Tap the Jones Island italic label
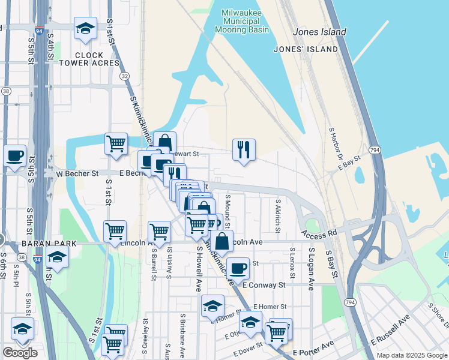(319, 32)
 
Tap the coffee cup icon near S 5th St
(15, 155)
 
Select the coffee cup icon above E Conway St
(238, 268)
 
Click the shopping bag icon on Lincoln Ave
(221, 242)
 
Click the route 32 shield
(124, 76)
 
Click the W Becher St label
(77, 173)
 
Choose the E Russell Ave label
(390, 330)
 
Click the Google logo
(20, 353)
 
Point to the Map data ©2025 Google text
(411, 355)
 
